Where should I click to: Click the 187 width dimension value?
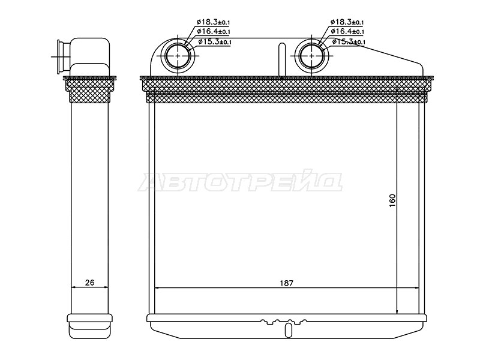point(287,283)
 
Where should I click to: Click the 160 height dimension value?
point(392,200)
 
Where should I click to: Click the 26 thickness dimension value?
point(89,282)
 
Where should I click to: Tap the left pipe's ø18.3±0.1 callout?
point(214,22)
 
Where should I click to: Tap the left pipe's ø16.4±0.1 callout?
point(214,32)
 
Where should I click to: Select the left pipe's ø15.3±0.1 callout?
point(215,41)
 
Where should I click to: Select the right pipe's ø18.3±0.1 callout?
point(347,22)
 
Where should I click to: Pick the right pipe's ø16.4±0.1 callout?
point(347,31)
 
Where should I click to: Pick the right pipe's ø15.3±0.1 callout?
point(349,41)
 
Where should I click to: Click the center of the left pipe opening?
point(178,56)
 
